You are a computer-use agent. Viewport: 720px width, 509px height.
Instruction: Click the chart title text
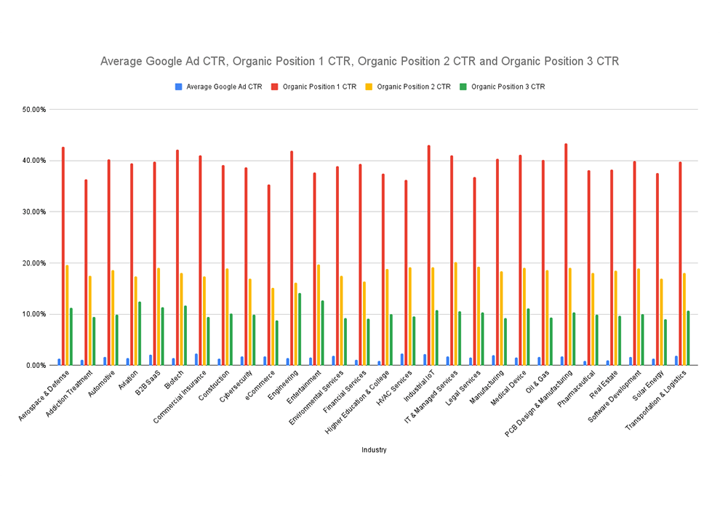coord(359,62)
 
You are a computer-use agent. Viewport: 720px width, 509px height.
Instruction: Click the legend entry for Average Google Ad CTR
coord(224,87)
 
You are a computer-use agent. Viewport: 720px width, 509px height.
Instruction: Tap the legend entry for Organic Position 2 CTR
coord(413,87)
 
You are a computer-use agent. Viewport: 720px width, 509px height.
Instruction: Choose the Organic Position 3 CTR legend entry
coord(508,87)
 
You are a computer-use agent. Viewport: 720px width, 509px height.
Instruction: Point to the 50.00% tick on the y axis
coord(32,110)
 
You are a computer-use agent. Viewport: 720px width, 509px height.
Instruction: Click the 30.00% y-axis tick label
coord(32,212)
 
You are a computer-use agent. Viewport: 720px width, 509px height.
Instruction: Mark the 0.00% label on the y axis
coord(34,366)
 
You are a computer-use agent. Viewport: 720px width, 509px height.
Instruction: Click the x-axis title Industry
coord(374,450)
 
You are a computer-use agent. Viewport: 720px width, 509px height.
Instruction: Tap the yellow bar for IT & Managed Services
coord(455,313)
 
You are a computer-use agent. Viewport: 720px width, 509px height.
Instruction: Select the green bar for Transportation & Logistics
coord(688,338)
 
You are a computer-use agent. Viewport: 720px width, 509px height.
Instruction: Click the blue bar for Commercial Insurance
coord(196,359)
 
